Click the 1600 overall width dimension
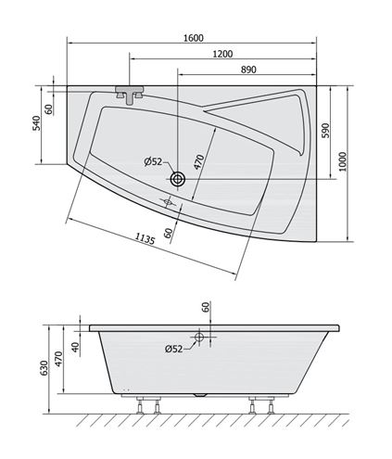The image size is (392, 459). click(x=194, y=38)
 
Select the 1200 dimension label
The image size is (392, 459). click(x=222, y=54)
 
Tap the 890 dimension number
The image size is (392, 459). click(x=248, y=70)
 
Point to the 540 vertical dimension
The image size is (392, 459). click(x=37, y=123)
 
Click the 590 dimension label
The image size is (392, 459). click(x=325, y=131)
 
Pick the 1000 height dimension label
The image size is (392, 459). click(x=343, y=161)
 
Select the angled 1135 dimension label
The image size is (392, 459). click(x=145, y=238)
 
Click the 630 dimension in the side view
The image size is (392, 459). click(x=44, y=368)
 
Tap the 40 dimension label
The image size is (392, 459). click(x=75, y=347)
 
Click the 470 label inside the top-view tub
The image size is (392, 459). click(x=199, y=162)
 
